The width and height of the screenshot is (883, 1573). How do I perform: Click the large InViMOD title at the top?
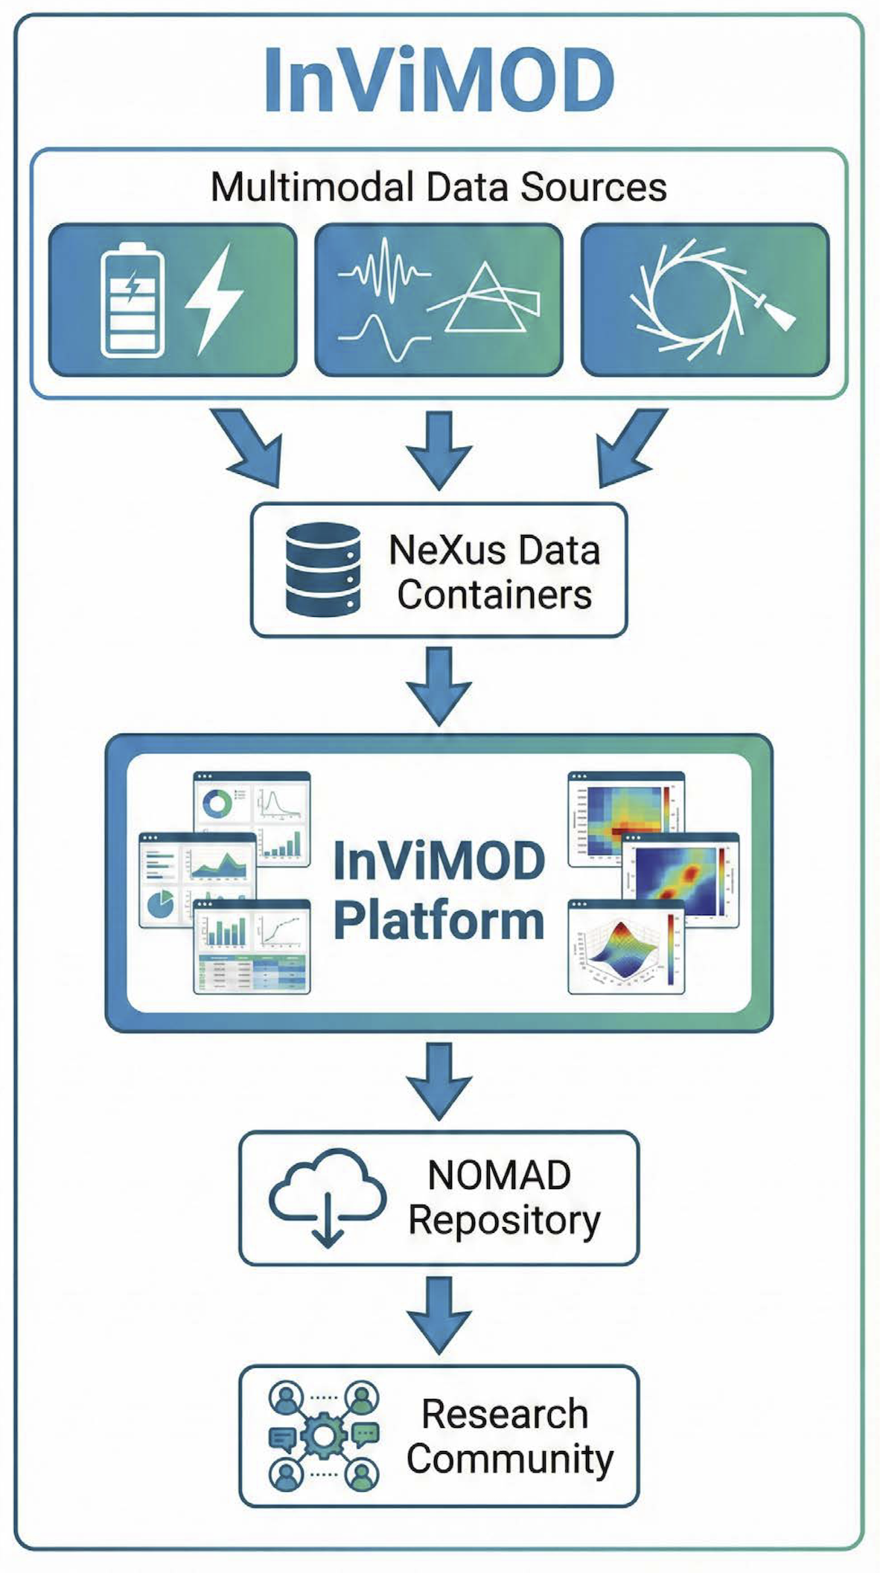pyautogui.click(x=439, y=80)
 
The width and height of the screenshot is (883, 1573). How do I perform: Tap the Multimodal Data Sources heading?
pyautogui.click(x=439, y=187)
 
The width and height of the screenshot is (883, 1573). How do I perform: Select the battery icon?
pyautogui.click(x=133, y=301)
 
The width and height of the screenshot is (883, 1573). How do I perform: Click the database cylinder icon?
pyautogui.click(x=323, y=570)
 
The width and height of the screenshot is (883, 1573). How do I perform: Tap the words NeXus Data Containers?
pyautogui.click(x=494, y=571)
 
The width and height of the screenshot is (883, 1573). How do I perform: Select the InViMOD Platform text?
pyautogui.click(x=439, y=891)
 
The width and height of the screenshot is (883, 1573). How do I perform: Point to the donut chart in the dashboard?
pyautogui.click(x=218, y=804)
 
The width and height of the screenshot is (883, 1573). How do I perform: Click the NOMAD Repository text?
pyautogui.click(x=503, y=1198)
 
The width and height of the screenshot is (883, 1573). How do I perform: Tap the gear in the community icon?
pyautogui.click(x=322, y=1437)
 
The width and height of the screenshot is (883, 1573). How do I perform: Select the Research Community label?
pyautogui.click(x=509, y=1437)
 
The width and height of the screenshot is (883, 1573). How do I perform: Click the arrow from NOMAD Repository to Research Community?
pyautogui.click(x=439, y=1315)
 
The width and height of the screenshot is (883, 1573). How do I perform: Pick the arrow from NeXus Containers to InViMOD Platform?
pyautogui.click(x=439, y=685)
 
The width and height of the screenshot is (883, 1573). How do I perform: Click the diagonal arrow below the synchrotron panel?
pyautogui.click(x=630, y=446)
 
